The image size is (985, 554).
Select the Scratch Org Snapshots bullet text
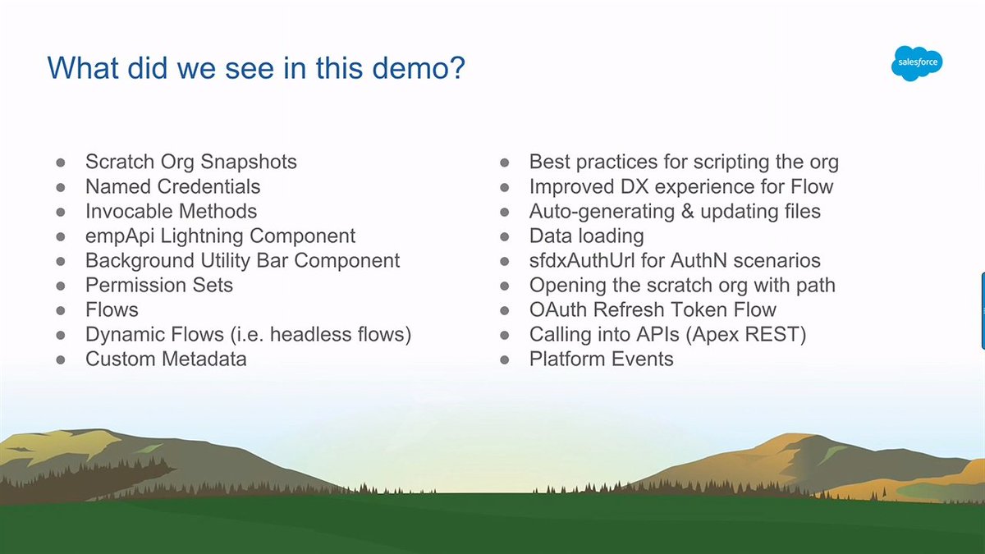[190, 163]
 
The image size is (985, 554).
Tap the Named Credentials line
[172, 187]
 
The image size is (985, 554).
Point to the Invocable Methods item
[171, 212]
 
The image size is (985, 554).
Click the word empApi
[115, 236]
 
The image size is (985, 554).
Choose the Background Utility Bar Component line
[242, 261]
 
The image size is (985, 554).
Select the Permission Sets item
[158, 286]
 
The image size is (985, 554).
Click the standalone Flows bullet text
[112, 310]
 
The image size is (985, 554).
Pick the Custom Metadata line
[165, 359]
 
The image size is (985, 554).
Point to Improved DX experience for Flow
[680, 187]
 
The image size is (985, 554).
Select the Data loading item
[586, 236]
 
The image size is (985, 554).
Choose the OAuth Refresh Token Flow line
[653, 310]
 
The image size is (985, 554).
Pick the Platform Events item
[601, 359]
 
